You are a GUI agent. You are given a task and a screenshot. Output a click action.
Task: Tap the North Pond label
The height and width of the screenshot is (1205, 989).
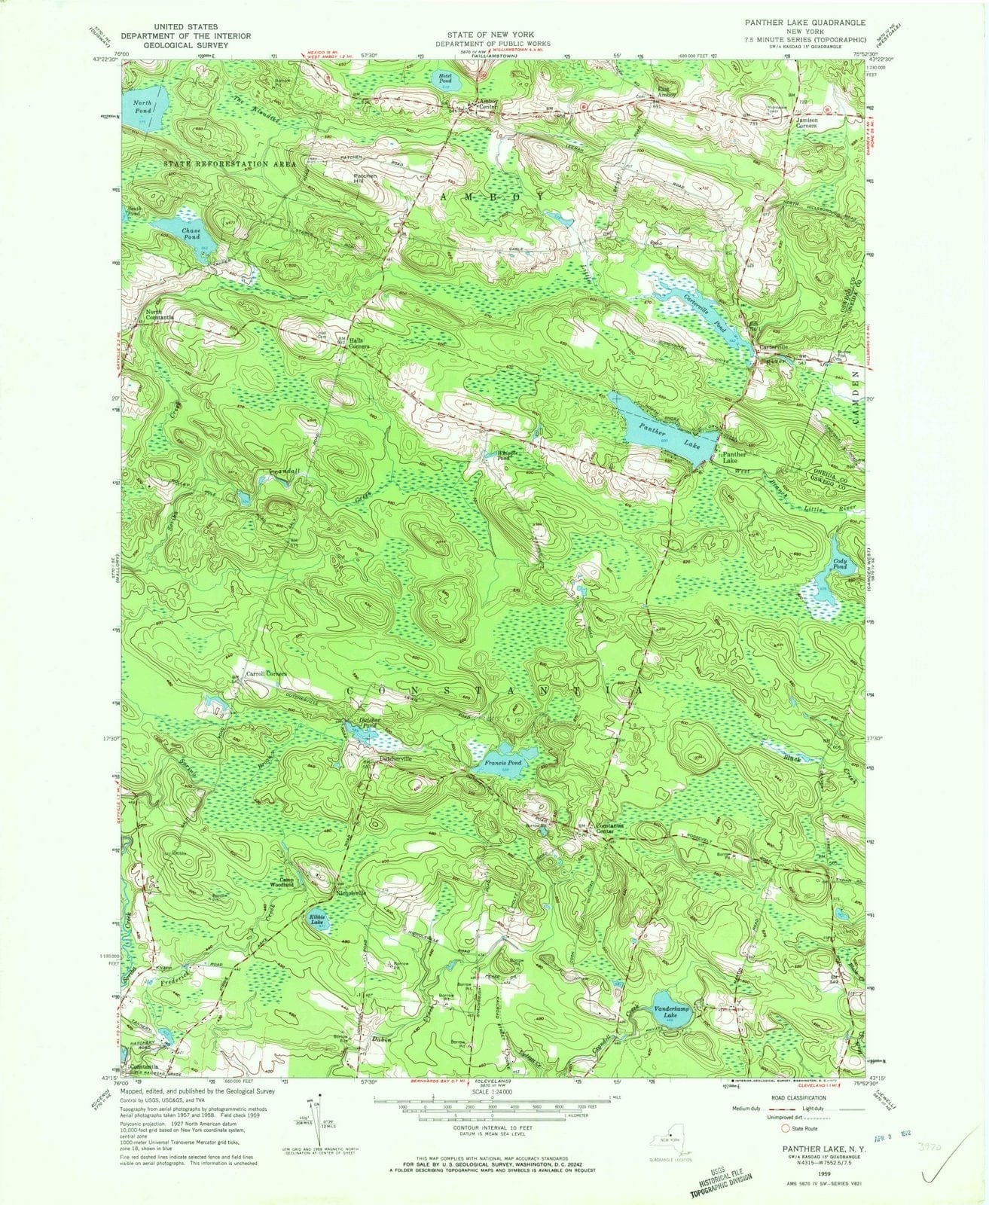143,106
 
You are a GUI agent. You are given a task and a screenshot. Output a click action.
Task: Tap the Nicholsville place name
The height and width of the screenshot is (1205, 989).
351,893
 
